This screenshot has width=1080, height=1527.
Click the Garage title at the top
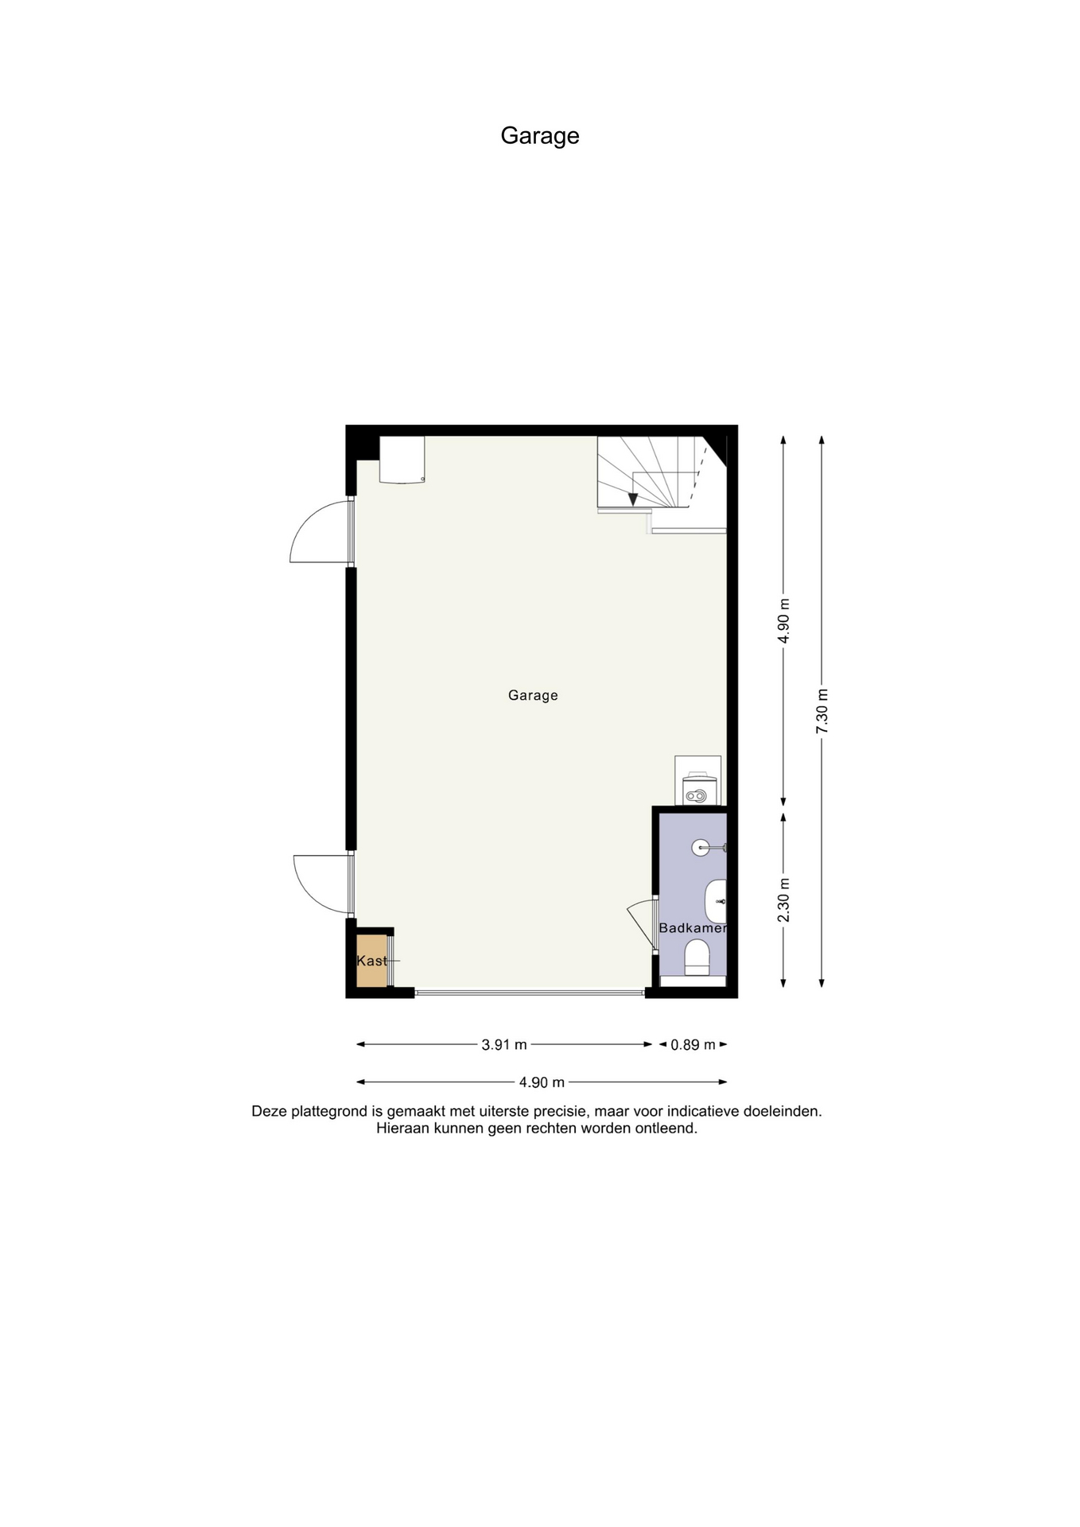coord(539,136)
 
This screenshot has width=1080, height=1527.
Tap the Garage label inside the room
coord(533,695)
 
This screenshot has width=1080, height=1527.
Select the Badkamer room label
coord(693,928)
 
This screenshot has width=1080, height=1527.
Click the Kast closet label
coord(371,961)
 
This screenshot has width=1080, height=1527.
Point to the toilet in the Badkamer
coord(697,958)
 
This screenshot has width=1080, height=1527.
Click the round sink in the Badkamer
coord(701,847)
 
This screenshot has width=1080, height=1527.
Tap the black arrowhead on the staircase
coord(632,499)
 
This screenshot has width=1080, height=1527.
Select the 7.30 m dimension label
coord(822,712)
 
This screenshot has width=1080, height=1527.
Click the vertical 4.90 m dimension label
coord(784,620)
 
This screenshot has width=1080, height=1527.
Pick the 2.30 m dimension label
coord(784,900)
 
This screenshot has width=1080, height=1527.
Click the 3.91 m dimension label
coord(504,1045)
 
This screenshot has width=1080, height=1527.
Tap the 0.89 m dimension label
coord(693,1045)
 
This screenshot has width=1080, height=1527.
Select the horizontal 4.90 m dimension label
coord(542,1082)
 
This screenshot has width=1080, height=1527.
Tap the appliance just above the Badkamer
coord(697,781)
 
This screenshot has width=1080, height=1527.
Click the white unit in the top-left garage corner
coord(402,459)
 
